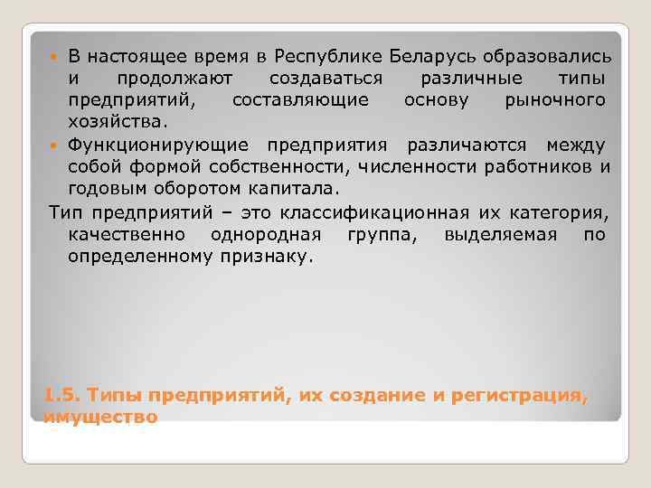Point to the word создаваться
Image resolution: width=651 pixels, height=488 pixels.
click(x=325, y=79)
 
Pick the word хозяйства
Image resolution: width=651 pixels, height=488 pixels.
click(x=118, y=121)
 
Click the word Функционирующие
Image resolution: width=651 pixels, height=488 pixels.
click(x=161, y=145)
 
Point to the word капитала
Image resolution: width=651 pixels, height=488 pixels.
click(x=289, y=188)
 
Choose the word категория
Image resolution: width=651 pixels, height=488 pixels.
click(x=561, y=212)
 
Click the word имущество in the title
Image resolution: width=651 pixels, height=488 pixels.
click(x=100, y=417)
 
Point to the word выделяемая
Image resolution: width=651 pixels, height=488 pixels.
click(x=487, y=234)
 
